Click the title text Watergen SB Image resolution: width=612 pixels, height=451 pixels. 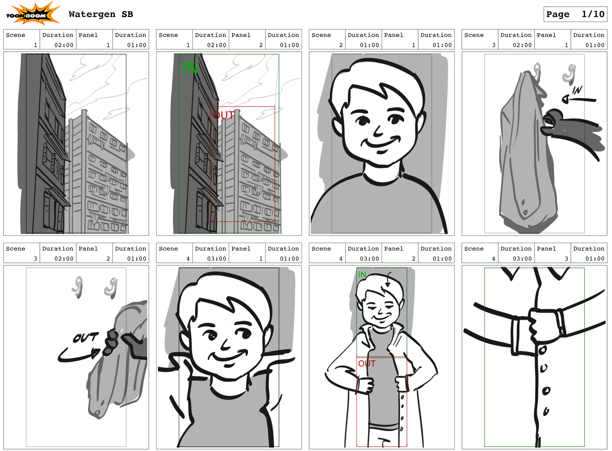click(101, 14)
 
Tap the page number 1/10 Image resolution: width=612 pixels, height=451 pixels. click(593, 14)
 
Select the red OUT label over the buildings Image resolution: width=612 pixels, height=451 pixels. click(223, 115)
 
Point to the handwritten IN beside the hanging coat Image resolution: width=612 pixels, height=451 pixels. click(577, 90)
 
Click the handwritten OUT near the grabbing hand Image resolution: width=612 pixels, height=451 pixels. click(85, 337)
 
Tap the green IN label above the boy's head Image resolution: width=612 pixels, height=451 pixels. click(362, 274)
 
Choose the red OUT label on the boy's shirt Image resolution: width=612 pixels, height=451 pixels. click(367, 364)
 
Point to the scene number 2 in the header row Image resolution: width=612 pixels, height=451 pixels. click(341, 45)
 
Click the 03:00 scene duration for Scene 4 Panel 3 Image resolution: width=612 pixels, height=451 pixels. click(522, 259)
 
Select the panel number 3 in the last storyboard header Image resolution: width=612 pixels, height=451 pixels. click(566, 259)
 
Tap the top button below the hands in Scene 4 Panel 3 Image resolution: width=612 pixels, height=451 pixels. click(542, 350)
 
